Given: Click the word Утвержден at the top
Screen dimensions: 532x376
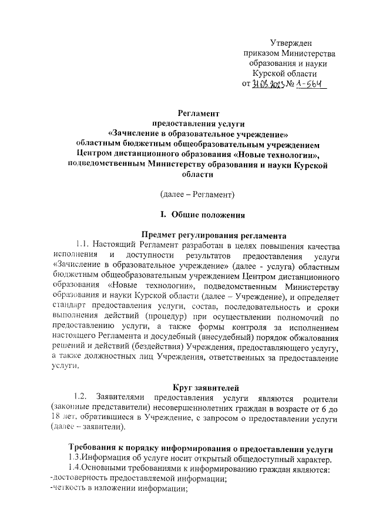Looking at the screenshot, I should point(291,42).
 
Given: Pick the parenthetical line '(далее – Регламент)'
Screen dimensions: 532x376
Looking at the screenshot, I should point(197,193).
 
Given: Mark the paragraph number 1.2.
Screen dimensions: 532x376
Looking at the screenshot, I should point(79,397).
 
